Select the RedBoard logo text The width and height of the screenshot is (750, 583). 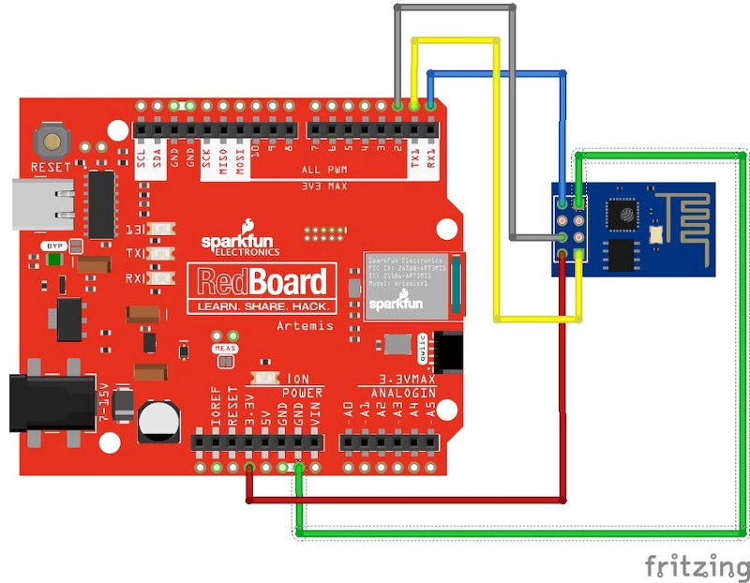point(261,282)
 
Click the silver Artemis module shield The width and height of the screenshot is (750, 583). point(408,283)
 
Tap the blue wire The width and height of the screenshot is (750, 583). point(497,72)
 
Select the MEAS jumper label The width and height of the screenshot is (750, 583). point(223,348)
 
